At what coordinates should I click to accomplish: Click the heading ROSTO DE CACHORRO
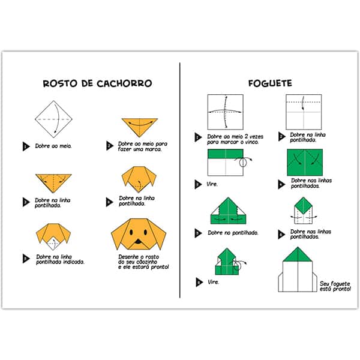[x=97, y=83]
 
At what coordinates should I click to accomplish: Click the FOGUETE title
[x=270, y=83]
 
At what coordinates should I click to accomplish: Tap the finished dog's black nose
[x=138, y=242]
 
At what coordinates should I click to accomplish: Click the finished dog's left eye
[x=131, y=232]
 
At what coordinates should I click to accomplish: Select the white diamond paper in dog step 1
[x=53, y=119]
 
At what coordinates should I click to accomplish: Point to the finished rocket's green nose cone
[x=298, y=254]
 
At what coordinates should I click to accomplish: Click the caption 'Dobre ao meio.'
[x=53, y=146]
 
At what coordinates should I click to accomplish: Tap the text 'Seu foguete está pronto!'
[x=335, y=286]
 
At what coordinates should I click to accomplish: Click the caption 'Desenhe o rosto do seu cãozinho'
[x=138, y=259]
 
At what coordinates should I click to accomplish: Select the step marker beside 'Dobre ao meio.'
[x=26, y=146]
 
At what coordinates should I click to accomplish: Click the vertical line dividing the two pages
[x=180, y=180]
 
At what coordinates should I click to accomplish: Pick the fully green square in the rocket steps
[x=305, y=163]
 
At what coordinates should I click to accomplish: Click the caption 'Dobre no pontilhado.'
[x=233, y=233]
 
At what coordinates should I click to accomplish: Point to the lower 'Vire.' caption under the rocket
[x=213, y=282]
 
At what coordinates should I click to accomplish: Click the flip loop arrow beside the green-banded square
[x=244, y=161]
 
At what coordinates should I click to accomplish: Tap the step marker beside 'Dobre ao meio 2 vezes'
[x=198, y=137]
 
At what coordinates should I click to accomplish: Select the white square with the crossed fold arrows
[x=225, y=112]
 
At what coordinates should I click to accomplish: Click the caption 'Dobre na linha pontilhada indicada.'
[x=60, y=259]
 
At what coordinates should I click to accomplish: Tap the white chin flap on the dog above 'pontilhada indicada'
[x=54, y=244]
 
